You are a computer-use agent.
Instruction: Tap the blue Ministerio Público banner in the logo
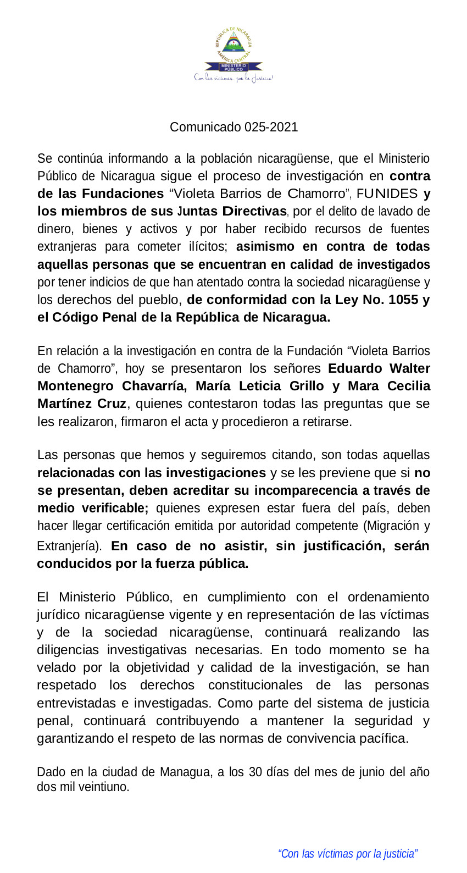pyautogui.click(x=233, y=67)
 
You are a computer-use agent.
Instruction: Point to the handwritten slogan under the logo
pyautogui.click(x=233, y=78)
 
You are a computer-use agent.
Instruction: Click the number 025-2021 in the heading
pyautogui.click(x=271, y=127)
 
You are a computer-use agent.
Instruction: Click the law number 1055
pyautogui.click(x=403, y=300)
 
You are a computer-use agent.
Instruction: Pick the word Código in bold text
pyautogui.click(x=74, y=317)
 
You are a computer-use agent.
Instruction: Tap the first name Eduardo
pyautogui.click(x=355, y=368)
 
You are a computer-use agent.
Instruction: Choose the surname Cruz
pyautogui.click(x=112, y=404)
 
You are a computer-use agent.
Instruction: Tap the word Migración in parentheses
pyautogui.click(x=392, y=526)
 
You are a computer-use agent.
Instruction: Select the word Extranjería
pyautogui.click(x=68, y=546)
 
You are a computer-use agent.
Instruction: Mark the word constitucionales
pyautogui.click(x=255, y=685)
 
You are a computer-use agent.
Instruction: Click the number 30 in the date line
pyautogui.click(x=255, y=772)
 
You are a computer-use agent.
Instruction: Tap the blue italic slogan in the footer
pyautogui.click(x=348, y=854)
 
